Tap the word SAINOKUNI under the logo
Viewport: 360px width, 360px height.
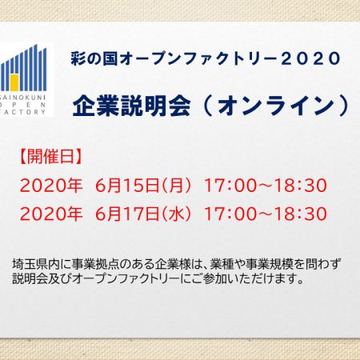click(23, 97)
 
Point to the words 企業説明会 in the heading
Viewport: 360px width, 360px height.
click(131, 106)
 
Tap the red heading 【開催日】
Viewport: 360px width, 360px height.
click(50, 156)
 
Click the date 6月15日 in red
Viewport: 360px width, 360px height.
click(127, 186)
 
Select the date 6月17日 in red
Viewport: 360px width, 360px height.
click(127, 214)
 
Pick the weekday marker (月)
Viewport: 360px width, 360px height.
click(176, 186)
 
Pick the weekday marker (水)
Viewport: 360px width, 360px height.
click(176, 214)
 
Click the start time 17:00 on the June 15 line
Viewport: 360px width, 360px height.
click(230, 186)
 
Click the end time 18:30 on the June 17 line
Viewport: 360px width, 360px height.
click(301, 214)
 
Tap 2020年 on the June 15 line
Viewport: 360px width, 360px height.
click(51, 186)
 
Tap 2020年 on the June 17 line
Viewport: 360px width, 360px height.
click(51, 214)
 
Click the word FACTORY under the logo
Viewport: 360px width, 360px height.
click(23, 112)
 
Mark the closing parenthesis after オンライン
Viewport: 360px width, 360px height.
click(344, 106)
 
